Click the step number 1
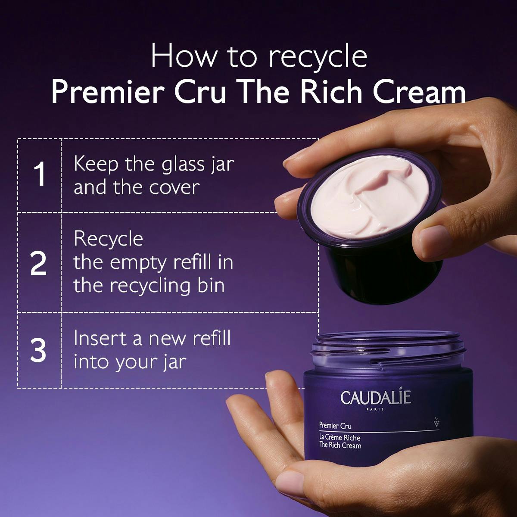tap(39, 175)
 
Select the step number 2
tap(39, 264)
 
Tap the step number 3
tap(39, 350)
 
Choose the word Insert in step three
tap(100, 338)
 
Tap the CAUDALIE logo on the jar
tap(376, 398)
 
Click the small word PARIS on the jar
tap(376, 409)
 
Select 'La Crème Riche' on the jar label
tap(339, 438)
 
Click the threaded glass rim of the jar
tap(388, 349)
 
